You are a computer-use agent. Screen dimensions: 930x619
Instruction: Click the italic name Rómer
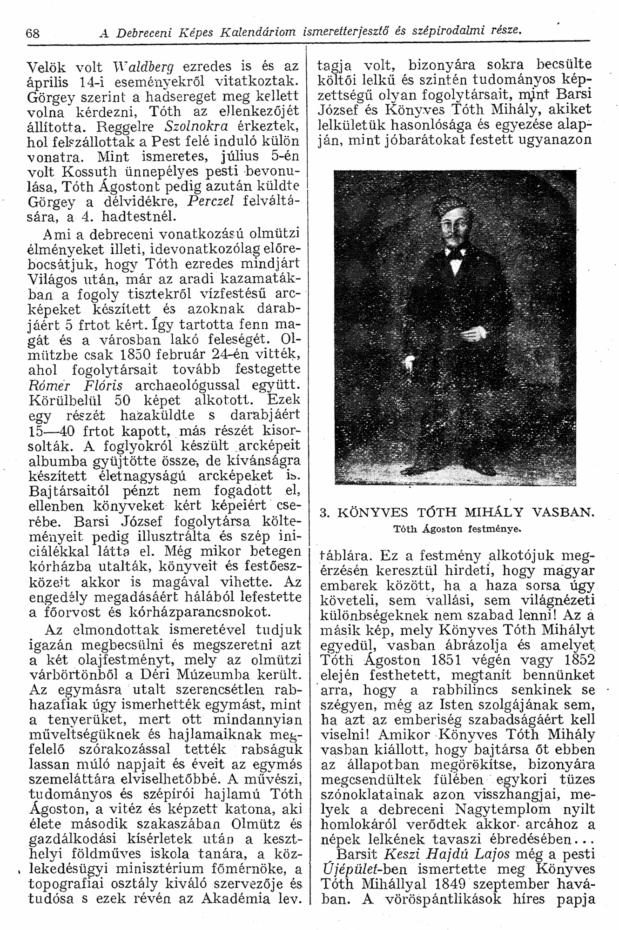click(48, 385)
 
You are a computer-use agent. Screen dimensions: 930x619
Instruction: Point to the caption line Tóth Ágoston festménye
click(457, 528)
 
